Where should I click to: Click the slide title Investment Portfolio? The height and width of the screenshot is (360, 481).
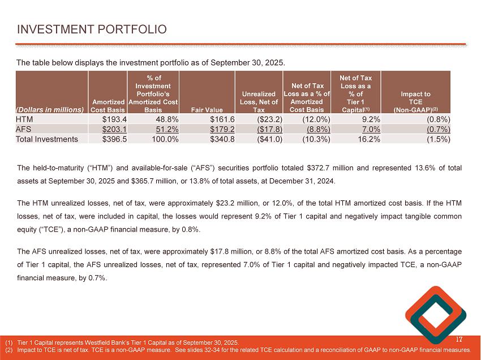[x=92, y=28]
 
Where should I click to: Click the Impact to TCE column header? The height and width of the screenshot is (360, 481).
[x=416, y=101]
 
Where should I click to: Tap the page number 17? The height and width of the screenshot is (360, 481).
[x=459, y=340]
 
